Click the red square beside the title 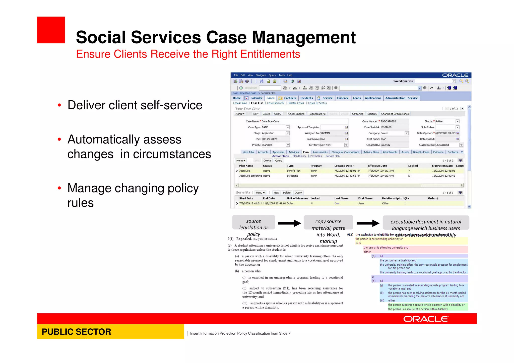tap(51, 30)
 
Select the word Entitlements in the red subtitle tap(270, 54)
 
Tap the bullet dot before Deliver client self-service tap(59, 105)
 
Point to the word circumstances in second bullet tap(172, 154)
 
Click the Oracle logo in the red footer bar tap(426, 319)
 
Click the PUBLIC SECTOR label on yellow tap(76, 332)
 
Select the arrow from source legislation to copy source tap(289, 223)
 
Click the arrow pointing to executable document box tap(368, 223)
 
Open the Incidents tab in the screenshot tap(306, 98)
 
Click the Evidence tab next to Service tap(343, 98)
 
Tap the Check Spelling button tap(296, 114)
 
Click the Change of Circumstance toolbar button tap(395, 114)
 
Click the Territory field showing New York tap(331, 145)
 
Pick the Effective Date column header tap(377, 166)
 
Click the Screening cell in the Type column tap(292, 176)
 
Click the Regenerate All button tap(317, 114)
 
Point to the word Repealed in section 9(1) tap(244, 239)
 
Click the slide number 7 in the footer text tap(289, 333)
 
